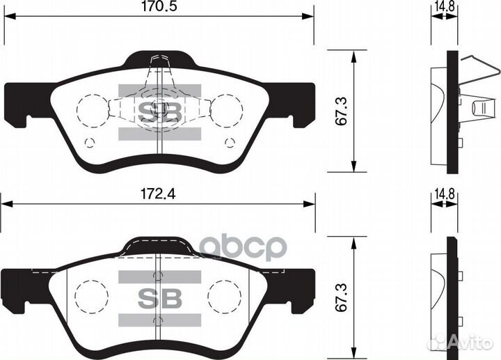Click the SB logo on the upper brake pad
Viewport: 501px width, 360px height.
point(159,111)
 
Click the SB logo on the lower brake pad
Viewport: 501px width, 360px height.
point(159,297)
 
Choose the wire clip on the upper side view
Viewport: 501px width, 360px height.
point(480,80)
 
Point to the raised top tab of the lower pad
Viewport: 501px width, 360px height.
point(159,246)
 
